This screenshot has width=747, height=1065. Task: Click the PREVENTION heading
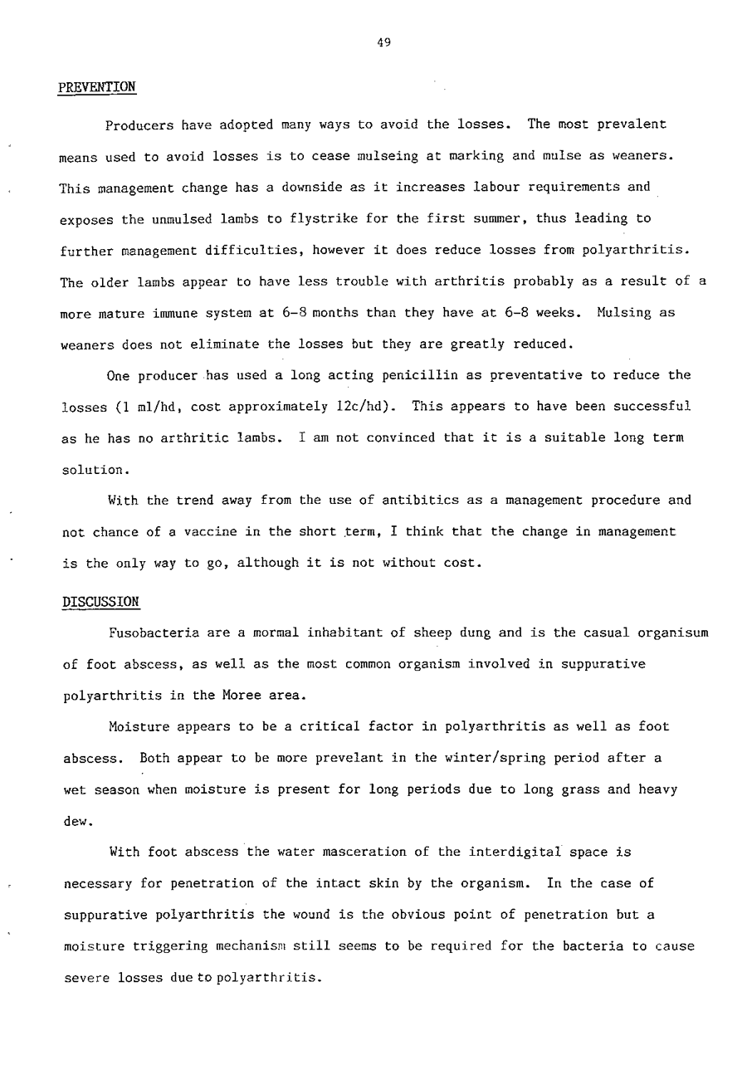point(96,86)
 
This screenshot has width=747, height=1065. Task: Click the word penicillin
point(426,375)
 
